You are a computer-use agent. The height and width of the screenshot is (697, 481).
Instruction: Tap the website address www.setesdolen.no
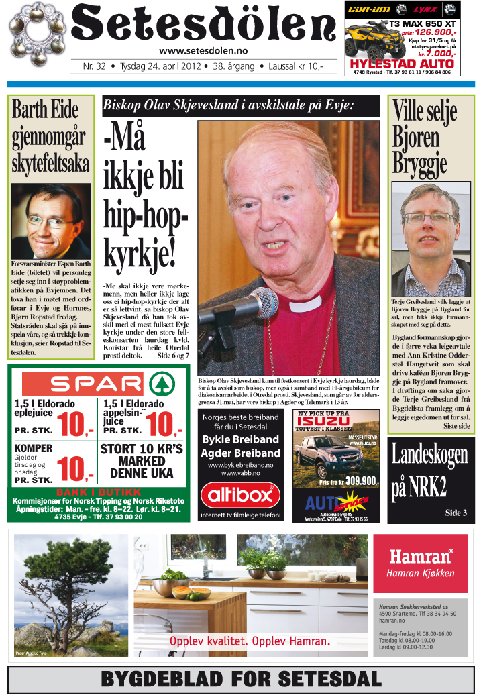pos(203,51)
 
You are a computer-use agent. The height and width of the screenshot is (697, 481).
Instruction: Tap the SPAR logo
pos(83,384)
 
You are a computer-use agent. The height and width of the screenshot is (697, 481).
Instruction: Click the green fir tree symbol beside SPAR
pos(159,384)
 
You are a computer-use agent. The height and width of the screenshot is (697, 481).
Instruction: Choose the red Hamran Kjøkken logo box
pos(419,563)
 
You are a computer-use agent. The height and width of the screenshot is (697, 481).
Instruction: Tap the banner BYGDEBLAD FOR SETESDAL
pos(239,679)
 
